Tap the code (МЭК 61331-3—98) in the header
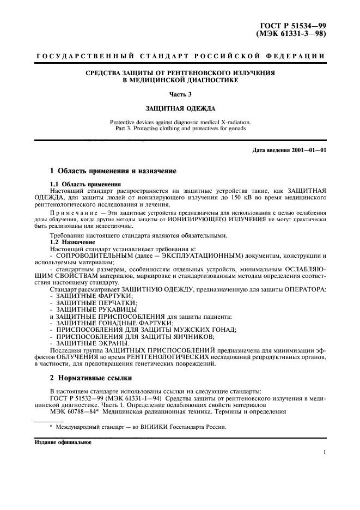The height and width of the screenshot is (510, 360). click(x=291, y=34)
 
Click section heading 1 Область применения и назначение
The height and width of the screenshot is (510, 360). click(x=113, y=172)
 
